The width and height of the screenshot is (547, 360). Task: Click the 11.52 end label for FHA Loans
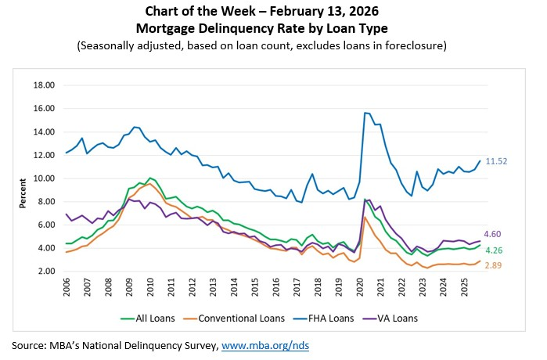[497, 160]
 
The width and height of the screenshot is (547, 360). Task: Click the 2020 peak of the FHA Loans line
[365, 113]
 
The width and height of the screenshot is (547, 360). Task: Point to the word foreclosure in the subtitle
[416, 45]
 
